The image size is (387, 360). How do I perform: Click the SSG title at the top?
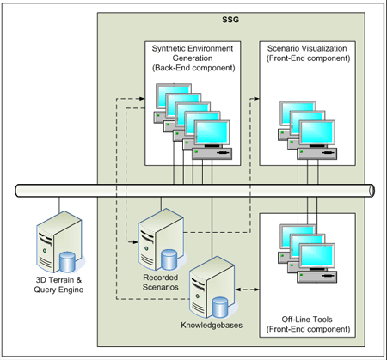[x=230, y=20]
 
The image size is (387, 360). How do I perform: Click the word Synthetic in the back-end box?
[x=168, y=48]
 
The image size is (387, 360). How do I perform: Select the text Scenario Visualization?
[x=307, y=48]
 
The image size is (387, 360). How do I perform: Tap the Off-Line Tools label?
[x=307, y=320]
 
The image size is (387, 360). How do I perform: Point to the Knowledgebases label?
[x=212, y=326]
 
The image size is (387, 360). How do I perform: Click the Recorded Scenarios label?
[x=161, y=282]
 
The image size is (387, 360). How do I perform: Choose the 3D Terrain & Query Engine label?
[x=58, y=284]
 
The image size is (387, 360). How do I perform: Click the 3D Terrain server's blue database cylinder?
[x=67, y=262]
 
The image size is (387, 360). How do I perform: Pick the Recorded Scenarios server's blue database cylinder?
[x=169, y=259]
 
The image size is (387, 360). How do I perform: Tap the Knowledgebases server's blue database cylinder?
[x=220, y=308]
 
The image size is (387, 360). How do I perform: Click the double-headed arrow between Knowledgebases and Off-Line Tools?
[x=247, y=290]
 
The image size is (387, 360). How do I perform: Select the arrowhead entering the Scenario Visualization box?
[x=256, y=99]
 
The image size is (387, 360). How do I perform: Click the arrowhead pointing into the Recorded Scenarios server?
[x=135, y=242]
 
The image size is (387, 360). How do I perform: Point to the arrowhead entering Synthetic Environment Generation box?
[x=142, y=99]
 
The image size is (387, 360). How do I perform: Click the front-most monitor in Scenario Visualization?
[x=316, y=133]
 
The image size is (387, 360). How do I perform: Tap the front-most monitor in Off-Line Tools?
[x=316, y=256]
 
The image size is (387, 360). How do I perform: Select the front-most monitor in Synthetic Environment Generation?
[x=212, y=132]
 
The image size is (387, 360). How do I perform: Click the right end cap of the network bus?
[x=372, y=191]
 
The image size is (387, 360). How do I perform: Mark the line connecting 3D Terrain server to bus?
[x=59, y=204]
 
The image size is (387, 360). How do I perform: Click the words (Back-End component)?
[x=193, y=68]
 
